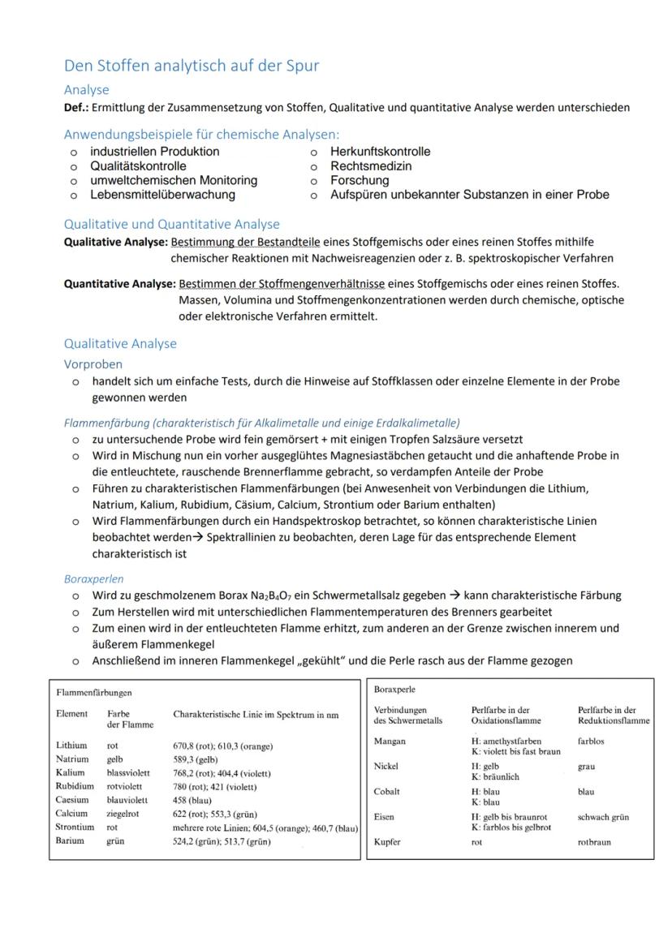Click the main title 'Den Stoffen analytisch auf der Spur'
pyautogui.click(x=192, y=66)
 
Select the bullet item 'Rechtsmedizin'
pyautogui.click(x=371, y=165)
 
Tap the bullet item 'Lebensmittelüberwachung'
pyautogui.click(x=162, y=195)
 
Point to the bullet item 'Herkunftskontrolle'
pyautogui.click(x=380, y=152)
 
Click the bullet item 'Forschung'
pyautogui.click(x=360, y=180)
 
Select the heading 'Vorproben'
pyautogui.click(x=93, y=364)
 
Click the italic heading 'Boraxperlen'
pyautogui.click(x=94, y=579)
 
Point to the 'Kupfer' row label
pyautogui.click(x=388, y=842)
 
